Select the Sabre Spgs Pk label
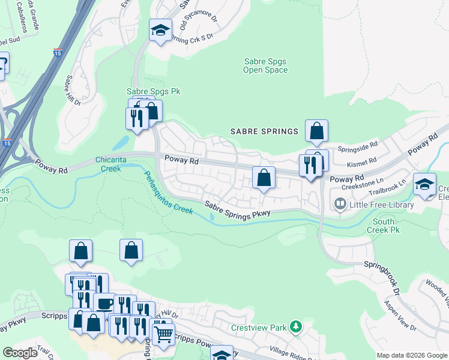click(x=153, y=92)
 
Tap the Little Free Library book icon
click(x=340, y=205)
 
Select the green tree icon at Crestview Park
click(x=295, y=327)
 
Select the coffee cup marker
click(x=104, y=303)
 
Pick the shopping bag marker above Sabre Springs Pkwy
click(x=263, y=178)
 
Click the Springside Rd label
click(x=357, y=145)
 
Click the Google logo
click(x=20, y=353)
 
